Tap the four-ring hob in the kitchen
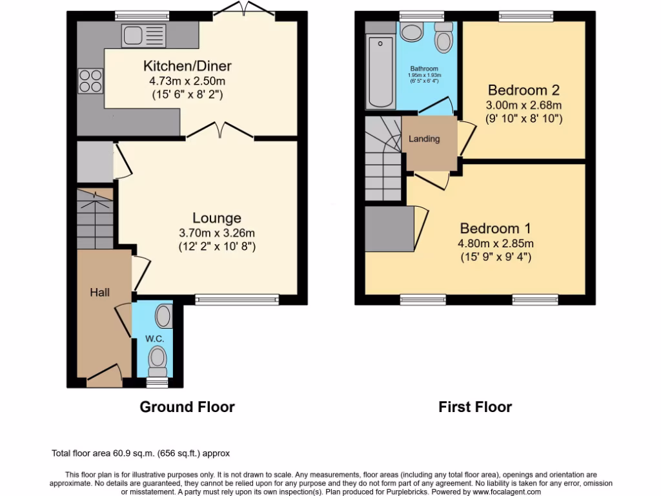click(x=90, y=81)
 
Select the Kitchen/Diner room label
click(x=187, y=66)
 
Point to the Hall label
click(x=99, y=293)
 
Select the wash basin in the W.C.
click(x=164, y=316)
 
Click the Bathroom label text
click(x=424, y=68)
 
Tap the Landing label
click(x=424, y=139)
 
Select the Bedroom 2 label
click(x=523, y=90)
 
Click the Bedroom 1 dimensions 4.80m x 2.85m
click(x=496, y=243)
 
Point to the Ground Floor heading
click(x=187, y=407)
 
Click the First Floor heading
click(x=475, y=407)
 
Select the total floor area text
click(x=140, y=453)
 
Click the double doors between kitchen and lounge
click(x=220, y=131)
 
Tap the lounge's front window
click(x=237, y=299)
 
